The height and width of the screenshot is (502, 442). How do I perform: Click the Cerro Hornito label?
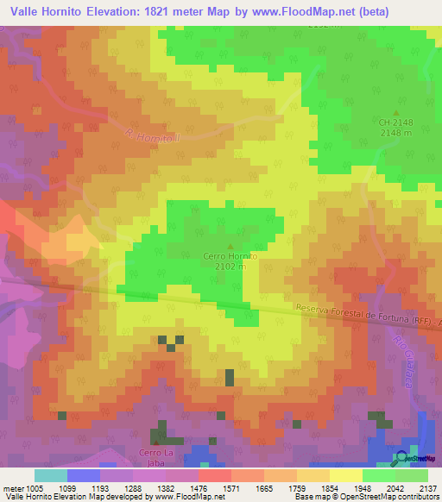(230, 256)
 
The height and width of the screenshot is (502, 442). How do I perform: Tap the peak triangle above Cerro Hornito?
(230, 246)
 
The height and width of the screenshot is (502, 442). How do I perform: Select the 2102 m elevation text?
(230, 267)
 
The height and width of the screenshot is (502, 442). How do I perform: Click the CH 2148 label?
(396, 122)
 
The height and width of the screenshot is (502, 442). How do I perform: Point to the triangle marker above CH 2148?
(396, 112)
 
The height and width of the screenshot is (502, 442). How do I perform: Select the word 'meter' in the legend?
(14, 487)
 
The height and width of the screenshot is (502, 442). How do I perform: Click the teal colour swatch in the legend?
(50, 475)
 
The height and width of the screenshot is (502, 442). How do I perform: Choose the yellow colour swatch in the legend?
(346, 475)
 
